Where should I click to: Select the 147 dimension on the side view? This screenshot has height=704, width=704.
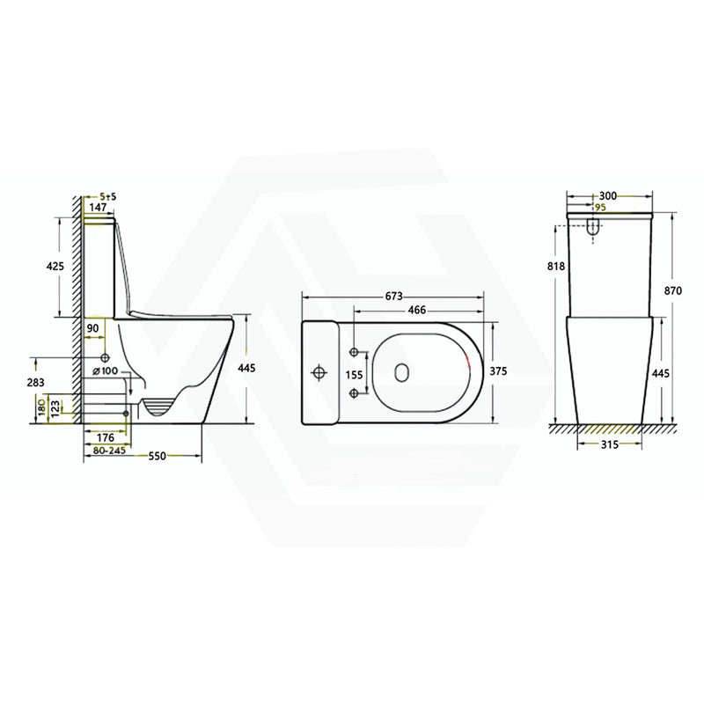coord(98,207)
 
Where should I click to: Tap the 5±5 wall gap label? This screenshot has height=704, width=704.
coord(108,196)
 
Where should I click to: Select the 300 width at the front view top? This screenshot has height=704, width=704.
coord(608,196)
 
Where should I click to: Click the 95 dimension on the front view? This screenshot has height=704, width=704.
coord(601,207)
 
